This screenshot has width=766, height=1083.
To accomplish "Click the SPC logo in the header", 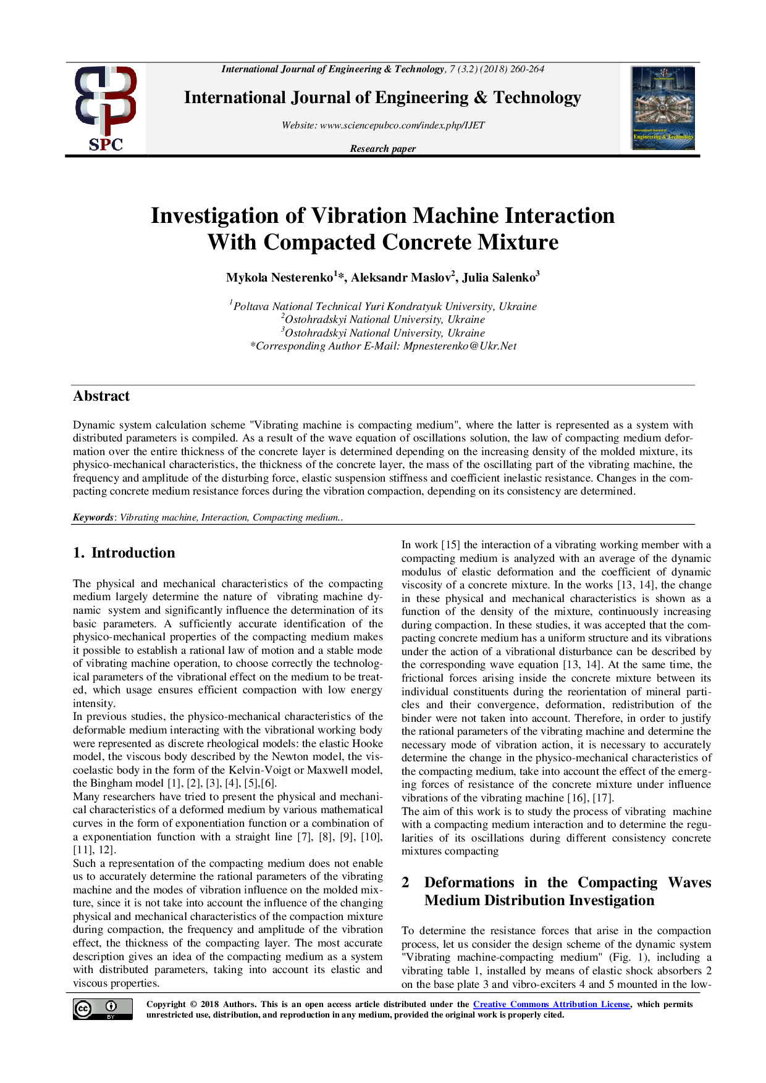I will pyautogui.click(x=106, y=109).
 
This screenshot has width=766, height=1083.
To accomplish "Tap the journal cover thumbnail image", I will pyautogui.click(x=663, y=108).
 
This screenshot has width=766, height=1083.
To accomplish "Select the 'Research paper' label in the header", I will pyautogui.click(x=382, y=149).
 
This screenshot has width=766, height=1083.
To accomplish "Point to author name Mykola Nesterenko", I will pyautogui.click(x=279, y=278).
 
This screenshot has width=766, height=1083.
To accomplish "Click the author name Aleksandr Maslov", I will pyautogui.click(x=403, y=278).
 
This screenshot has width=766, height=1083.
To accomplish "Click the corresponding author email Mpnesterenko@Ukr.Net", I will pyautogui.click(x=460, y=346).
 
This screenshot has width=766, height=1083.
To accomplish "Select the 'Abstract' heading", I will pyautogui.click(x=101, y=396).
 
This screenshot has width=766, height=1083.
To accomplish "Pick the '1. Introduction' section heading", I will pyautogui.click(x=124, y=553).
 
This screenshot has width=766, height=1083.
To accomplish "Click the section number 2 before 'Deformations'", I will pyautogui.click(x=405, y=883).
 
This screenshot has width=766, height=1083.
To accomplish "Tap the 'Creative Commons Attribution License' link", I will pyautogui.click(x=551, y=1005).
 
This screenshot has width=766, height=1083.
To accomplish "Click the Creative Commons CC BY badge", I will pyautogui.click(x=103, y=1009).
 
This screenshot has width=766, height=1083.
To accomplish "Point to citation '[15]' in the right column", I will pyautogui.click(x=450, y=545).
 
